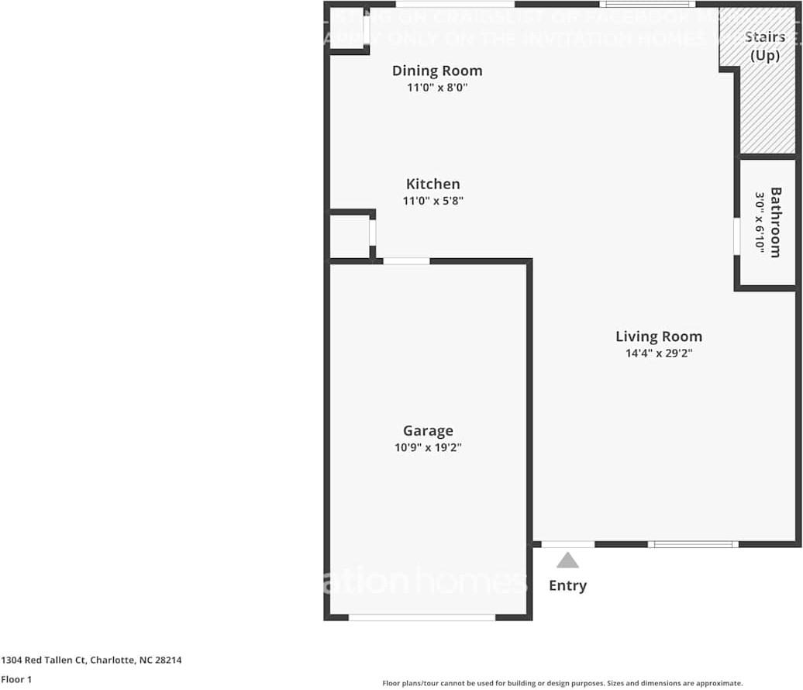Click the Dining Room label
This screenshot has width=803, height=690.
tap(436, 71)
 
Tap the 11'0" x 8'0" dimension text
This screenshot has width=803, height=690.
tap(437, 88)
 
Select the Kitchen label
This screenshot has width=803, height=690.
tap(433, 184)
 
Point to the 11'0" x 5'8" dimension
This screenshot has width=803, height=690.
tap(433, 201)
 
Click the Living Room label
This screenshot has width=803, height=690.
tap(659, 336)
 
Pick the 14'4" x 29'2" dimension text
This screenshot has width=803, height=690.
tap(659, 354)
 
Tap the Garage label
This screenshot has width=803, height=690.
tap(428, 431)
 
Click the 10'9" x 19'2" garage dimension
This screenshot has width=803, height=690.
tap(428, 447)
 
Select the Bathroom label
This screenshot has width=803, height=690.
tap(776, 222)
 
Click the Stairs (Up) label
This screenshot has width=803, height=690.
tap(764, 46)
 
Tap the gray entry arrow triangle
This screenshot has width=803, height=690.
tap(567, 561)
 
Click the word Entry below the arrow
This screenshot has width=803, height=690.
tap(567, 585)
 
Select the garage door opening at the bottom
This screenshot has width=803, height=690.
tap(422, 617)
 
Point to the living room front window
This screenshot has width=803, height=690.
tap(693, 544)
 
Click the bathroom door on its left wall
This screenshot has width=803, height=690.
tap(736, 236)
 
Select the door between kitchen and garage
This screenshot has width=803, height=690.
tap(406, 261)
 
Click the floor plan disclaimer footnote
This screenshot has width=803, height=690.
tap(562, 683)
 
